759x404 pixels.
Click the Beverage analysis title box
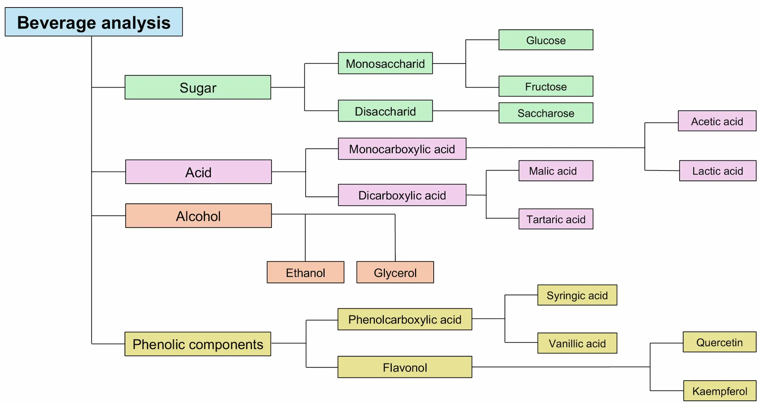94,22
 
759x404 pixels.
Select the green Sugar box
198,87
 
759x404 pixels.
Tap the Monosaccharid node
385,63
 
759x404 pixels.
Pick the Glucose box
546,40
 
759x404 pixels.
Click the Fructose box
546,86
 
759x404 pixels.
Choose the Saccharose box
546,113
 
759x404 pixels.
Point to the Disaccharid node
385,111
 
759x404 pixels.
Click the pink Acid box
198,172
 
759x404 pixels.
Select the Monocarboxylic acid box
402,149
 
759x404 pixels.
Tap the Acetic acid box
717,121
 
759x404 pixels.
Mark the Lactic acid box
717,171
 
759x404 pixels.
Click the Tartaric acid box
556,219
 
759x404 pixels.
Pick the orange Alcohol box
198,216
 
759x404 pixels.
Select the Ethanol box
305,272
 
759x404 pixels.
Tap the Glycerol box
395,272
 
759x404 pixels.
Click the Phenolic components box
198,344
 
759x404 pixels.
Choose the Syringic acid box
577,295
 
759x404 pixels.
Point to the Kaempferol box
719,391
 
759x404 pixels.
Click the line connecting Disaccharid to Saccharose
466,111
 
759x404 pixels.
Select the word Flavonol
405,368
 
